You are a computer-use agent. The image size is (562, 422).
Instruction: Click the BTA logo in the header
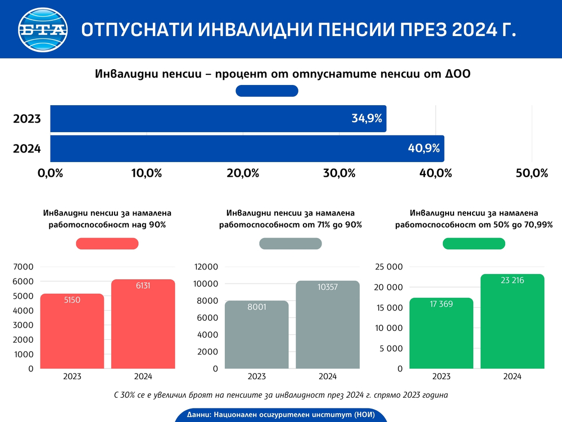[x=43, y=29]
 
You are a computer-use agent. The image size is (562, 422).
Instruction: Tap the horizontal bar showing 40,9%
[x=247, y=149]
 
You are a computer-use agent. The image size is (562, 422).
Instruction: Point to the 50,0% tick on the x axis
[x=532, y=173]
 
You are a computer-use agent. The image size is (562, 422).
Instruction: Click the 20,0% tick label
[x=243, y=173]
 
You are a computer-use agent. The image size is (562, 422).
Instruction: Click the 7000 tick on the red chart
[x=23, y=267]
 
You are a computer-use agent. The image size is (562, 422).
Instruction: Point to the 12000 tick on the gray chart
[x=206, y=267]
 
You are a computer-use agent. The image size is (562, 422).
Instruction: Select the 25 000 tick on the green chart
[x=388, y=267]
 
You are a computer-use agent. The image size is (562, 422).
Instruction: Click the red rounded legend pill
[x=107, y=244]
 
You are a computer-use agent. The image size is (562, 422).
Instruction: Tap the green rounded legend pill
[x=474, y=244]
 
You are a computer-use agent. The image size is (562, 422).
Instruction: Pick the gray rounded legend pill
[x=291, y=244]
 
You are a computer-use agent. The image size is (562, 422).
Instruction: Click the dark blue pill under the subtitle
[x=267, y=91]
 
